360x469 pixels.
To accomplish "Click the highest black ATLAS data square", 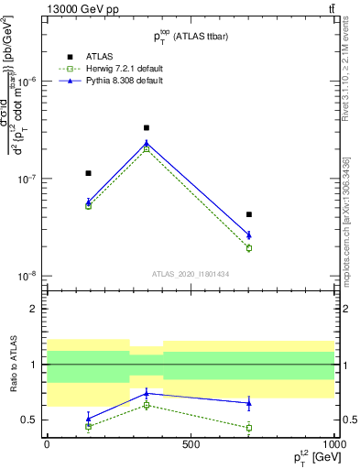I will [147, 128].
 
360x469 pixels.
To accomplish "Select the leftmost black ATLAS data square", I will [89, 172].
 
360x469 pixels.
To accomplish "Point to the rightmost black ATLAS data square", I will [248, 214].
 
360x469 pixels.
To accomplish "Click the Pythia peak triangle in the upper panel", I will [147, 143].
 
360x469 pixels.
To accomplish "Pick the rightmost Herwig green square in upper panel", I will [248, 247].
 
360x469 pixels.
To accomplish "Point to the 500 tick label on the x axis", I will [191, 444].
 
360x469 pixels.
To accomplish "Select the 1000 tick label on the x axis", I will [333, 444].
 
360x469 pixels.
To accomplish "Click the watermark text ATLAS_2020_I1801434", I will [190, 274].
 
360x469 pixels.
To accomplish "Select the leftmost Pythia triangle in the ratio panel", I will [89, 418].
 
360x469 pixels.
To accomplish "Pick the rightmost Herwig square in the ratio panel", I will [248, 427].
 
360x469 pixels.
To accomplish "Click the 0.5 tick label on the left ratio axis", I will [29, 420].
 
